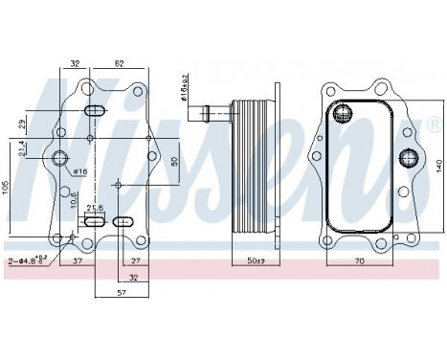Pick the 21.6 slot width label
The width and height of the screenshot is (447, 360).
(94, 208)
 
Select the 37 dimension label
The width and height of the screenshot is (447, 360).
(77, 259)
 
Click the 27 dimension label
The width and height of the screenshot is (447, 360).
(135, 260)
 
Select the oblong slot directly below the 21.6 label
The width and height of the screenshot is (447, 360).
(93, 222)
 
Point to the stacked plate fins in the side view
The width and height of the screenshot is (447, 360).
(250, 168)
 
